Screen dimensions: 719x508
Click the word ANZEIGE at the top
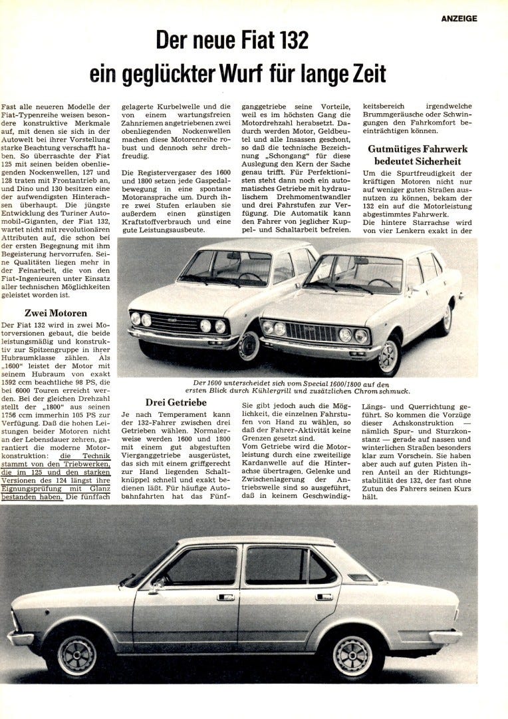pyautogui.click(x=459, y=19)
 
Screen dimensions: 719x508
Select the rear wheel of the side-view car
pyautogui.click(x=352, y=654)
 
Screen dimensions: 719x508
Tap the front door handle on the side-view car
pyautogui.click(x=225, y=597)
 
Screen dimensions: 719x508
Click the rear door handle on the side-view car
pyautogui.click(x=324, y=597)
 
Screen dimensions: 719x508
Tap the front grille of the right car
pyautogui.click(x=311, y=331)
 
